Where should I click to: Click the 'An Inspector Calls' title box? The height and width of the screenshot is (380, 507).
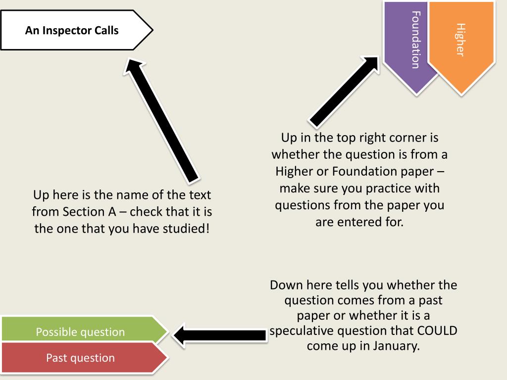tap(74, 31)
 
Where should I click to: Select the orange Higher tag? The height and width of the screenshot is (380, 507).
tap(460, 40)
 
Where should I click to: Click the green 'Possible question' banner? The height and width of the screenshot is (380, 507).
tap(80, 332)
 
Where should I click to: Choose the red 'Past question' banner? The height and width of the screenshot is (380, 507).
tap(80, 357)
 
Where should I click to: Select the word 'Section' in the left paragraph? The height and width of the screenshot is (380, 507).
tap(84, 212)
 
